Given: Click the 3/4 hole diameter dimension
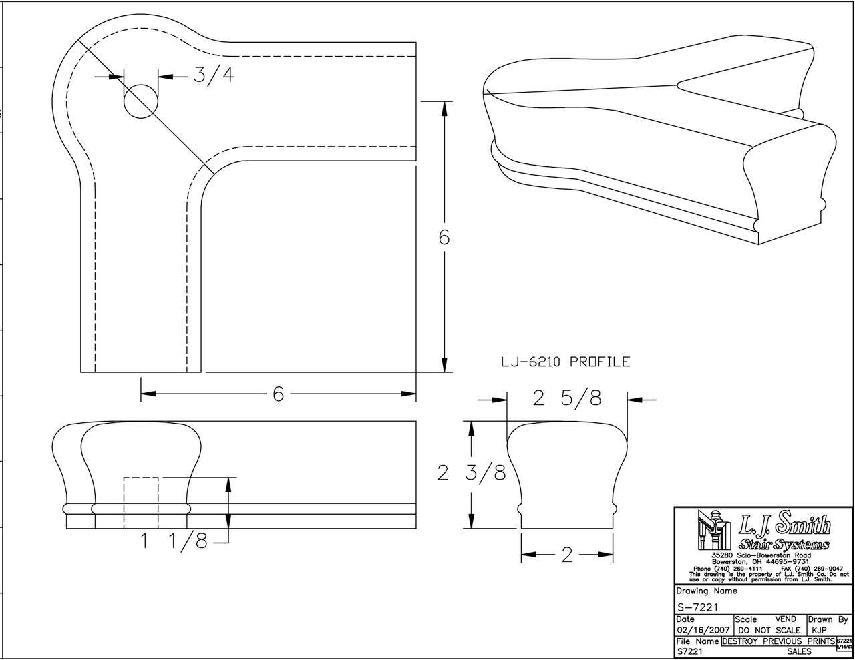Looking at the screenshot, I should (214, 75).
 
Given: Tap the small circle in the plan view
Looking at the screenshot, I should (141, 101).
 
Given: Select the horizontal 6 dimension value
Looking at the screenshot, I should (278, 394).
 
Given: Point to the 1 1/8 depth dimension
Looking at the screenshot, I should (174, 541).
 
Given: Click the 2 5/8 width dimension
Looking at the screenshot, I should (566, 398).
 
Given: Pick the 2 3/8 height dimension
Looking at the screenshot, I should (471, 473).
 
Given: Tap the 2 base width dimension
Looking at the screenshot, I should (566, 555).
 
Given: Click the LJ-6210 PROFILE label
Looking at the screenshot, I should (565, 362).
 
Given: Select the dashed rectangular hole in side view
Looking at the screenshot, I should (141, 502).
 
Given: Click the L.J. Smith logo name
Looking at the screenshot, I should (786, 526).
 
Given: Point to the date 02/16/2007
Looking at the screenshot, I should (703, 630).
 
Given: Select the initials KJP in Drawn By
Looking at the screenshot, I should (820, 630).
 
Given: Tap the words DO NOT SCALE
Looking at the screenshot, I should (769, 630).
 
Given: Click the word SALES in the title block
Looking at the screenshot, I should (799, 651).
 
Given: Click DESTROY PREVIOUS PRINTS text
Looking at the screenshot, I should (778, 641).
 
